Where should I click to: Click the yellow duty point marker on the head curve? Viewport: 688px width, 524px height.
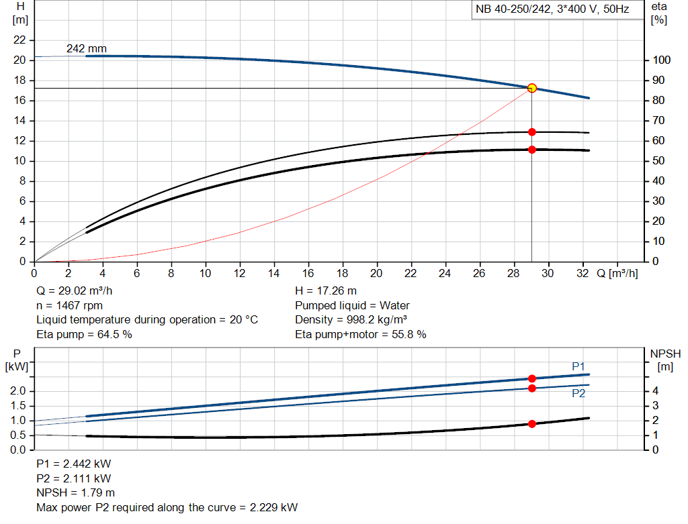pyautogui.click(x=531, y=88)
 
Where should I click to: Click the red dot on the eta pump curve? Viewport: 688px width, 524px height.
pyautogui.click(x=531, y=132)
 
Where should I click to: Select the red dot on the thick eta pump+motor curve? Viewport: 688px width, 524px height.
pyautogui.click(x=531, y=150)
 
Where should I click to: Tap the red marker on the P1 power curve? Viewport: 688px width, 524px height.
pyautogui.click(x=531, y=378)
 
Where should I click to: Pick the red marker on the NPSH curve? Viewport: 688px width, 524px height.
pyautogui.click(x=531, y=423)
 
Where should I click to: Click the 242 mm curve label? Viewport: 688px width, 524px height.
pyautogui.click(x=86, y=49)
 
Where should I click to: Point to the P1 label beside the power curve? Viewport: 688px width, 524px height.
pyautogui.click(x=578, y=366)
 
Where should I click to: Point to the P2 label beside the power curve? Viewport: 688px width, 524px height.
pyautogui.click(x=578, y=394)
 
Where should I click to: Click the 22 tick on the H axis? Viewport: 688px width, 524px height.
pyautogui.click(x=20, y=40)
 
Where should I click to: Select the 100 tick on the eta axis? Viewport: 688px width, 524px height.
pyautogui.click(x=661, y=60)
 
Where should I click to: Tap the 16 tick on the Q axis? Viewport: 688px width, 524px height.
pyautogui.click(x=308, y=273)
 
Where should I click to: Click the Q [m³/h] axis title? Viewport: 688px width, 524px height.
pyautogui.click(x=617, y=273)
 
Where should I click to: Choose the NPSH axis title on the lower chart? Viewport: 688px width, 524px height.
pyautogui.click(x=665, y=353)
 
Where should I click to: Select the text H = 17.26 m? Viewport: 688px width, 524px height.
pyautogui.click(x=326, y=291)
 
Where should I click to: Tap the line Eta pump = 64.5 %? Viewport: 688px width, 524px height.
pyautogui.click(x=84, y=334)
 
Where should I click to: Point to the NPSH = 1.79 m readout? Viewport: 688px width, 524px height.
pyautogui.click(x=75, y=492)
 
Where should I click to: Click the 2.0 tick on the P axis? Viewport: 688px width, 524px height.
pyautogui.click(x=19, y=391)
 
